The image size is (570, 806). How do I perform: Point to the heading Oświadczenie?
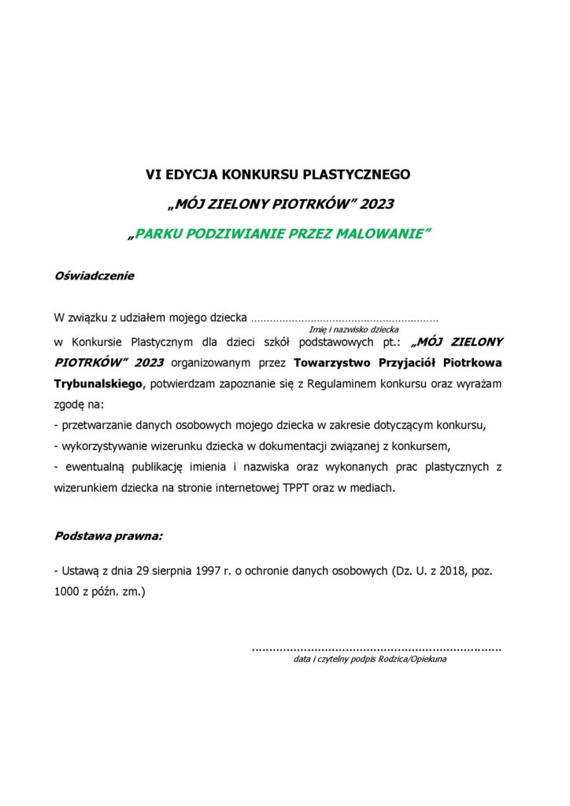[x=94, y=276]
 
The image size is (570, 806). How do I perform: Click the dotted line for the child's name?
[x=344, y=320]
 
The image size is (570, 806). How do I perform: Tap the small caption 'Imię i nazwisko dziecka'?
[x=353, y=330]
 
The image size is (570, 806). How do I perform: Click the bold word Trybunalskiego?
[x=99, y=384]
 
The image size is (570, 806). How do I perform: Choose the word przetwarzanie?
[x=100, y=426]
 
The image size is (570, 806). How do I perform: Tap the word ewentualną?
[x=92, y=468]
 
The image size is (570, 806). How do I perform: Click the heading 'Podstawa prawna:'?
[x=109, y=536]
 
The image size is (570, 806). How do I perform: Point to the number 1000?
[x=68, y=590]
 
